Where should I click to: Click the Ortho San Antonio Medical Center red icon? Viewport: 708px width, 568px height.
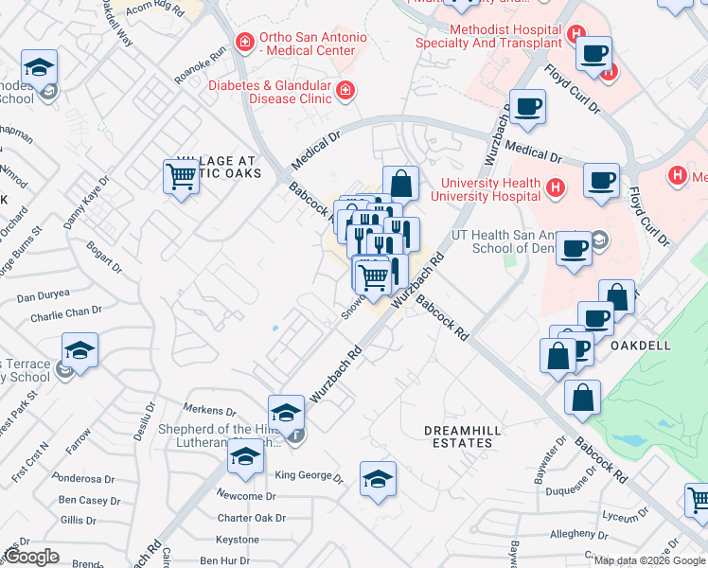[246, 42]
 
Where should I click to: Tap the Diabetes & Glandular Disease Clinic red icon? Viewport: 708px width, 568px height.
[345, 90]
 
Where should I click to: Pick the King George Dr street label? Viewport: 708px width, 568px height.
[308, 475]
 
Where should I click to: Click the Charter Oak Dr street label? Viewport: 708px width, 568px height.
[251, 518]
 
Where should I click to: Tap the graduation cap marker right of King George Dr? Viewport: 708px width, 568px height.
[378, 479]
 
